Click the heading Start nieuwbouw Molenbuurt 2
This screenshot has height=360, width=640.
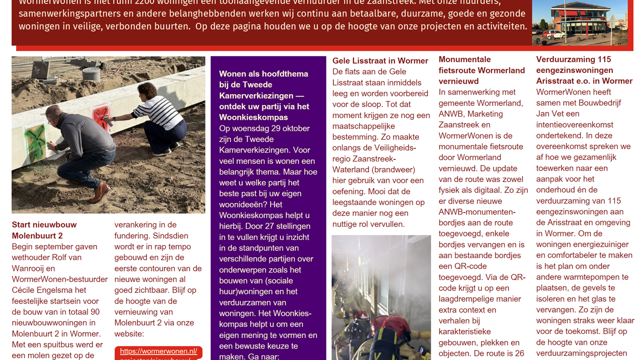(44, 230)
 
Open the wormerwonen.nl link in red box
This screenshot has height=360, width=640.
(158, 351)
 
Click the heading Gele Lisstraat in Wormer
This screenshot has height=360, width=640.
(380, 61)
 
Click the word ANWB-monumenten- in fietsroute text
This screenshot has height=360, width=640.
(477, 212)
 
